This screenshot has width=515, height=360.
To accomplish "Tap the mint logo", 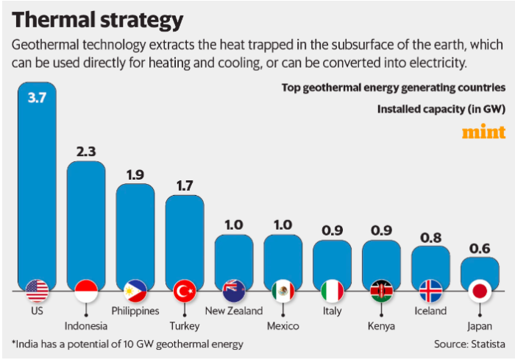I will coord(483,133).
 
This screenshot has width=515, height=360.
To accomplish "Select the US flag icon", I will coord(37,292).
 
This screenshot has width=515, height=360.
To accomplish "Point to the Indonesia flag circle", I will coord(86,292).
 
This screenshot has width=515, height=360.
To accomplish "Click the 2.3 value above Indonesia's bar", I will coord(86,152).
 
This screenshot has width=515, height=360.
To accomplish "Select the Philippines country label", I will coord(135,311).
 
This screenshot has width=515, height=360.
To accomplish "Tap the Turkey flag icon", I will coord(184,292).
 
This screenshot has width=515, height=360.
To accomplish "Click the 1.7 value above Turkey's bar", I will coord(184,186).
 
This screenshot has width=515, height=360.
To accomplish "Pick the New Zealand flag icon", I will coord(234,292).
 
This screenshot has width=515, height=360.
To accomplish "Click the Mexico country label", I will coord(283,325).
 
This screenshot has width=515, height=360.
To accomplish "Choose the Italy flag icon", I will coord(332,292).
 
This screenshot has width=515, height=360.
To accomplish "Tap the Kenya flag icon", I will coord(381,292).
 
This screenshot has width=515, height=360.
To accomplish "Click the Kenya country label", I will coord(381,325).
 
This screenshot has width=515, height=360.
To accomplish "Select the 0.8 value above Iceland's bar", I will coord(430,237).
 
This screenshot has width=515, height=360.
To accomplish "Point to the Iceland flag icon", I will coord(430,292).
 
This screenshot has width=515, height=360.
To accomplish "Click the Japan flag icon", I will coord(480,292).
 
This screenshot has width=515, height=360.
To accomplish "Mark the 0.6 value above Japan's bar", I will coord(480,248).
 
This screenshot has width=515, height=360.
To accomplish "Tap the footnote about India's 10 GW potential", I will coord(127,344).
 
